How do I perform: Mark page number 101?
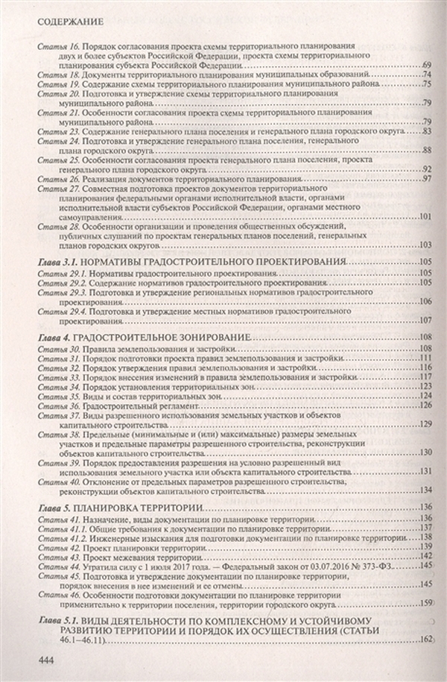[x=425, y=217]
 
